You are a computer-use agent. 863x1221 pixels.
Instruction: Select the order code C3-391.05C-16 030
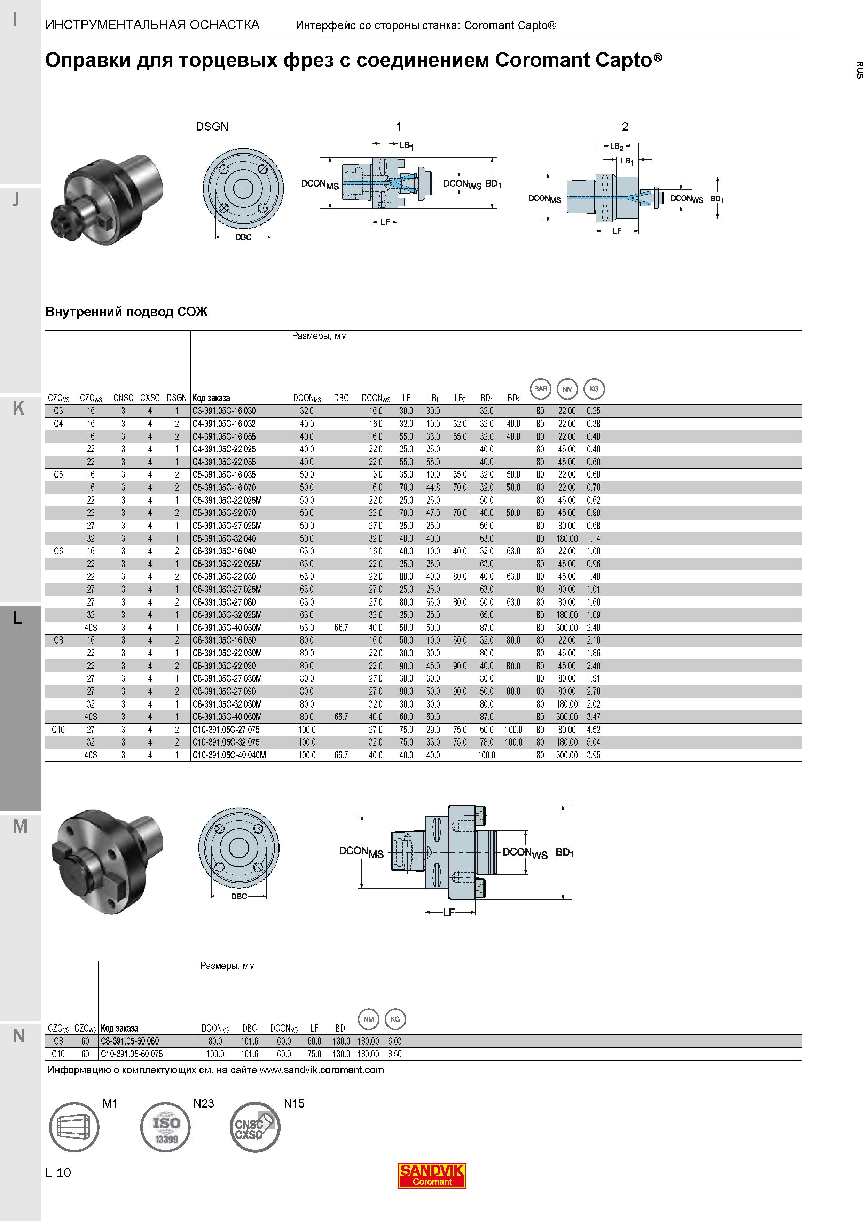click(224, 411)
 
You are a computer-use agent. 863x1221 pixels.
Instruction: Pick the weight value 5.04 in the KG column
click(594, 742)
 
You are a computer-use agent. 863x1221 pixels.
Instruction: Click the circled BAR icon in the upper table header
click(541, 389)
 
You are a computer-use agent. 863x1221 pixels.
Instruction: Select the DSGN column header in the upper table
click(176, 398)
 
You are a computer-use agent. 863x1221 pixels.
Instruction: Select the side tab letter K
click(18, 408)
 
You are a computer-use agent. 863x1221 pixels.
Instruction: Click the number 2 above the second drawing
click(625, 127)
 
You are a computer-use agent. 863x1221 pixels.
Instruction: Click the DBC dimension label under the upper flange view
click(244, 237)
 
